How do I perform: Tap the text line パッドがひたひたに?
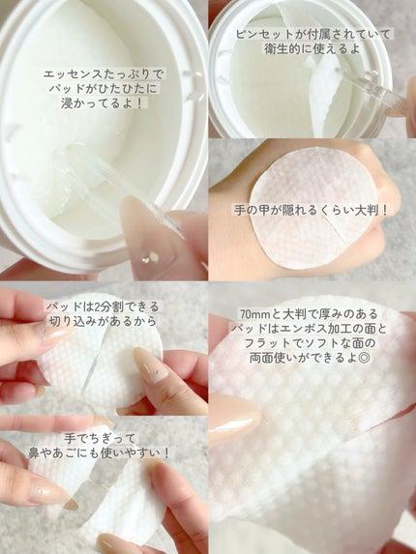(103, 89)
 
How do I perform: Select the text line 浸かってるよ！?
(103, 103)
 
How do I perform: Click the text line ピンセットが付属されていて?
(313, 34)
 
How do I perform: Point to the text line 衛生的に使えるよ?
(312, 48)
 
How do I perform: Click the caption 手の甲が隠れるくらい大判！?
(311, 210)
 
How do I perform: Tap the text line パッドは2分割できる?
(103, 306)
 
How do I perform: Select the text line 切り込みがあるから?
(102, 321)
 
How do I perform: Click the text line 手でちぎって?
(100, 439)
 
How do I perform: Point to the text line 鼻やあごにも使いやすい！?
(100, 452)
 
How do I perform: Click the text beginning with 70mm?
(309, 314)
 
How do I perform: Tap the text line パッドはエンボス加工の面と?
(310, 329)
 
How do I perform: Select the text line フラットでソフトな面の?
(310, 343)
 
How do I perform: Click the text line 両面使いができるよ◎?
(310, 358)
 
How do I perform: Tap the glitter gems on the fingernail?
(150, 257)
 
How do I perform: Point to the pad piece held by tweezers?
(323, 93)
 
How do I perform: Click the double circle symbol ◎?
(364, 358)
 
